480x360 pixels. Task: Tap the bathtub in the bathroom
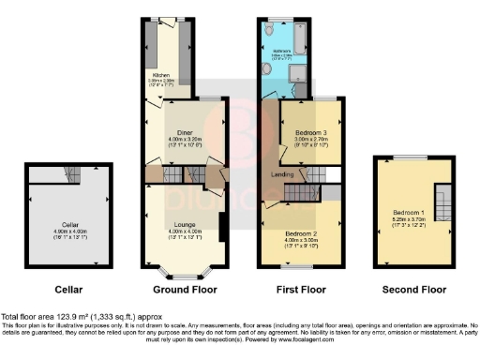coord(301,38)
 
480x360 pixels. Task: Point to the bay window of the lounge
coord(184,275)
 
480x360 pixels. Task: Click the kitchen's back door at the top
coord(170,20)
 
